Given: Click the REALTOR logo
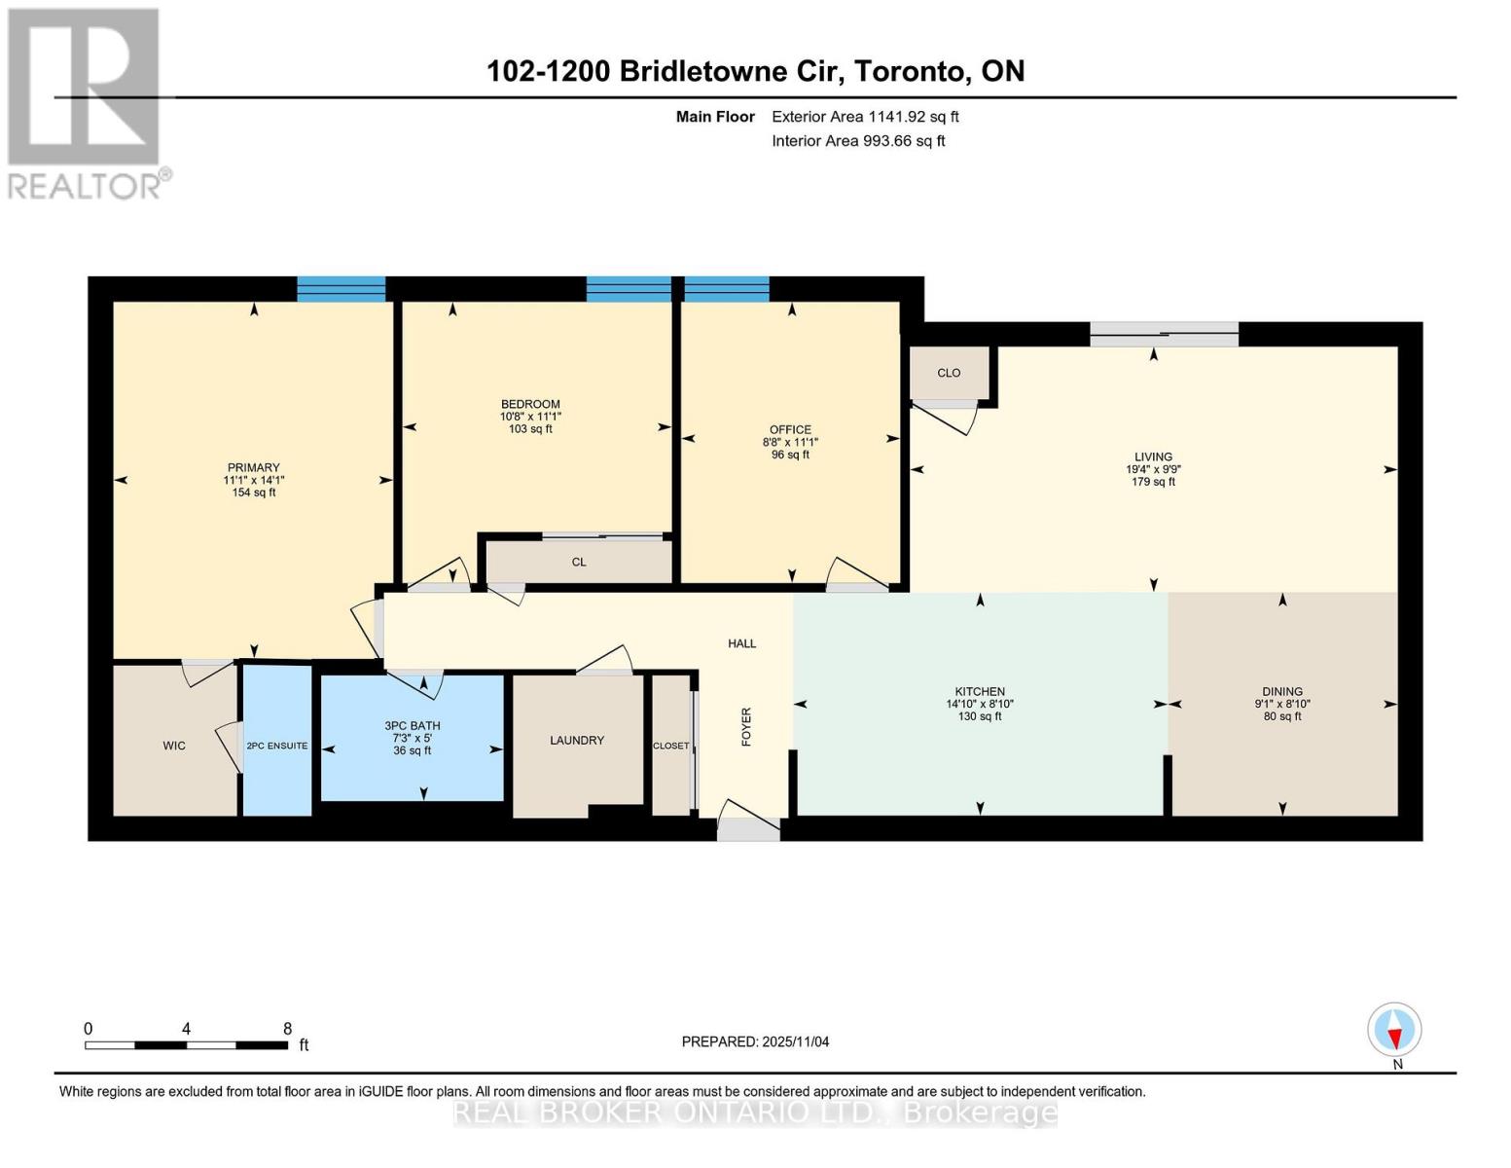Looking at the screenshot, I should pos(85,102).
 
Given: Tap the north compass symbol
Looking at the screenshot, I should pos(1394,1030).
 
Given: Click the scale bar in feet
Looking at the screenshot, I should pos(186,1044).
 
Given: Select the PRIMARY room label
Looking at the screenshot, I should pos(253,468).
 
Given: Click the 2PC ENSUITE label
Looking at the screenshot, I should pos(277,747).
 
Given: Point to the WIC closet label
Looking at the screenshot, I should pos(174,747).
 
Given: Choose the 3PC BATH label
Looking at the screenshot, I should pos(413,726).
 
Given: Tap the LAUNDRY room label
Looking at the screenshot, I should pos(577,741).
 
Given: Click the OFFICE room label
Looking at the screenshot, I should pos(790,430).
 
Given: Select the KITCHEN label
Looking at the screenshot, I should pos(980,692).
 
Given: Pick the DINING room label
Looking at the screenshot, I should pos(1282,692).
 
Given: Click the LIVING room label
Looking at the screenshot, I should pos(1153,457).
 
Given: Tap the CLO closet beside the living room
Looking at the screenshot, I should pos(949,373).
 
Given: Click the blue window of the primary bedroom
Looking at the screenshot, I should pos(341,289).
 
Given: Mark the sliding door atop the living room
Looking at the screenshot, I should pos(1164,335).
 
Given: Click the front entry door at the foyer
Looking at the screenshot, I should pos(748,828).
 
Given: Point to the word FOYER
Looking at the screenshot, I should pos(747,727).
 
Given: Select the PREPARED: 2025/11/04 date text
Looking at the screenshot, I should pos(755,1041).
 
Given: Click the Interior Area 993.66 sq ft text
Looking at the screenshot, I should pos(858,141).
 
